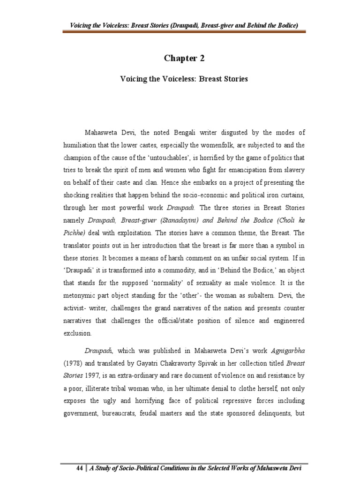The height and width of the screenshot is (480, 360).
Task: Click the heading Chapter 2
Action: [184, 58]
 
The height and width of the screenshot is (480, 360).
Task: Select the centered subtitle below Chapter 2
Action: [184, 79]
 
